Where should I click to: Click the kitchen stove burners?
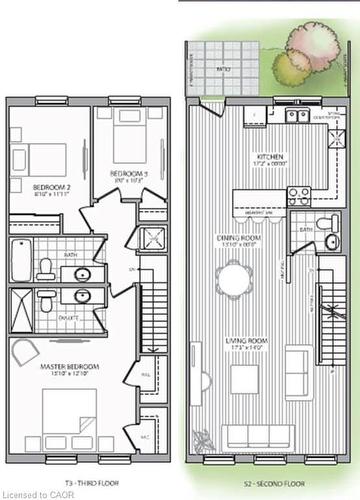tap(299, 196)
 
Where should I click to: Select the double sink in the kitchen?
tap(297, 115)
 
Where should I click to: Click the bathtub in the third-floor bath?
tap(20, 259)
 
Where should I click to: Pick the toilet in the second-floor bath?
tap(325, 224)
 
